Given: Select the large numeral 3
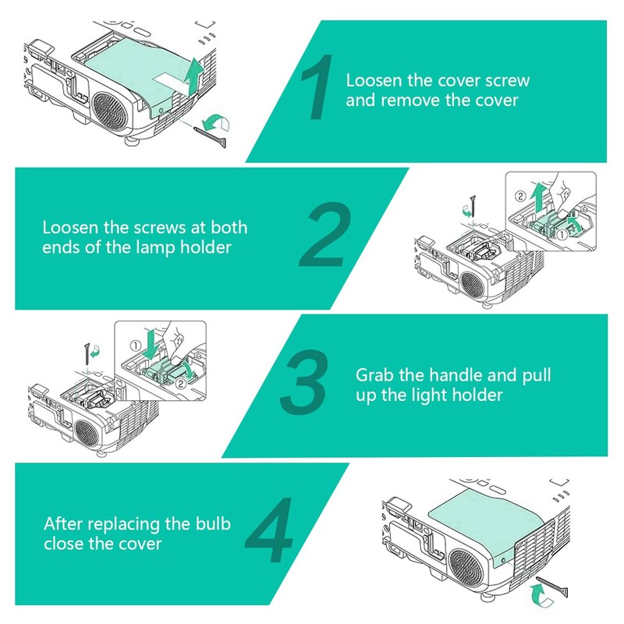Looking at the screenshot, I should tap(303, 381).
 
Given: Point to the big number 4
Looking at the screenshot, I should tap(269, 530).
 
